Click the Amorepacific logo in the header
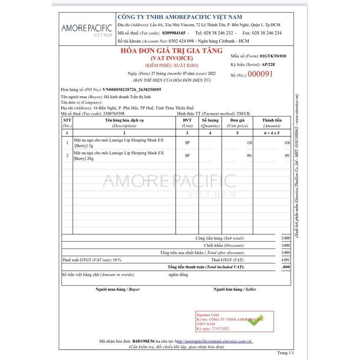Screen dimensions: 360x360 click(x=87, y=30)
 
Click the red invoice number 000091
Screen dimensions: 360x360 click(x=260, y=74)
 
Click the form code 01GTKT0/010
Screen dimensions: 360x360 click(x=273, y=56)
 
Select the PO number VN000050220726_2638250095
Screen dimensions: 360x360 click(x=132, y=90)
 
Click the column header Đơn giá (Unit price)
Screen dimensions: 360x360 click(x=237, y=123)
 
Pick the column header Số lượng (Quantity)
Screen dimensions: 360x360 click(x=210, y=123)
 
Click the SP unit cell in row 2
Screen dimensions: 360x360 click(x=187, y=156)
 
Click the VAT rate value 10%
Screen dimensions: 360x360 click(x=117, y=260)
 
